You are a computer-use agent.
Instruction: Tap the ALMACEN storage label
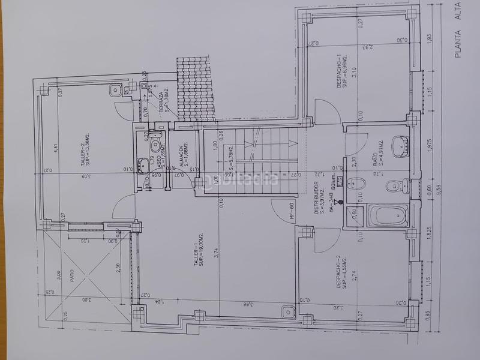pos(179,154)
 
